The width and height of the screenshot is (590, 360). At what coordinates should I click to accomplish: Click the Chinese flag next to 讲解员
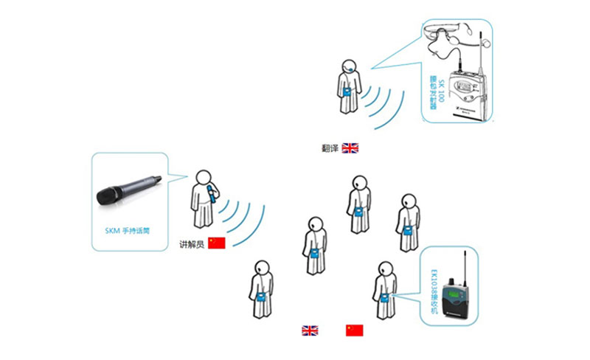(x=216, y=243)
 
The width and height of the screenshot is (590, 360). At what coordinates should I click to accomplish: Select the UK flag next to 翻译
(x=350, y=148)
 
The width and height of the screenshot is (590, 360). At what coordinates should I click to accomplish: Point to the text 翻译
(x=329, y=148)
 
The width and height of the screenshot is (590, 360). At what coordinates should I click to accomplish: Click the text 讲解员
(x=191, y=243)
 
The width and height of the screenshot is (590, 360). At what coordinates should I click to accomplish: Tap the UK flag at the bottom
(x=310, y=330)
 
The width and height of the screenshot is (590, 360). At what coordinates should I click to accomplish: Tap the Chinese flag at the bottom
(x=355, y=330)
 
